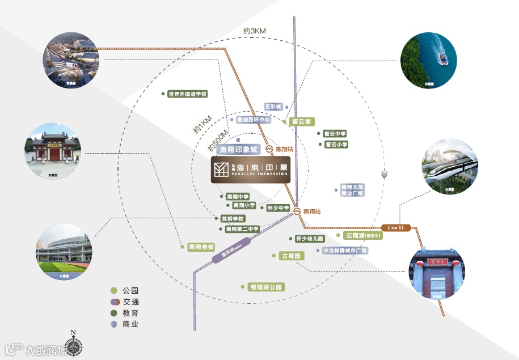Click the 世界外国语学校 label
(x=187, y=94)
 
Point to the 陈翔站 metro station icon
(x=269, y=150)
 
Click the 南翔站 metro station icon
(x=297, y=211)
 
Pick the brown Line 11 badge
(x=396, y=227)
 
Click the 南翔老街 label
(x=201, y=247)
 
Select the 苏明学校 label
(x=232, y=219)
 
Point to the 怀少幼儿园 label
(x=310, y=239)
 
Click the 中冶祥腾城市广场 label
(x=345, y=250)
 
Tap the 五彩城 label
(x=273, y=106)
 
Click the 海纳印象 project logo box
(x=250, y=170)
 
